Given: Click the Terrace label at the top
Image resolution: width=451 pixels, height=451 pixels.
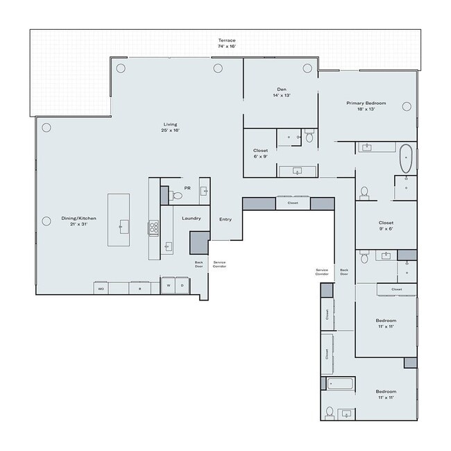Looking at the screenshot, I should pos(228,43).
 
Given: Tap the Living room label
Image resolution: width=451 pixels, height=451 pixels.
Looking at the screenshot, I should pos(171,127).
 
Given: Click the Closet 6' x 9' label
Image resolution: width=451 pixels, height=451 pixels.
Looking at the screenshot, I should pos(260,153).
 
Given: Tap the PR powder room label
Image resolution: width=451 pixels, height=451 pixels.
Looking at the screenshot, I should pos(187,187).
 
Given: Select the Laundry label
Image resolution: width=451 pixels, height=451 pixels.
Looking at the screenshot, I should pos(192,219).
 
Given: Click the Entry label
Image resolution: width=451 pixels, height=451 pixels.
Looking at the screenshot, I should pos(226,219).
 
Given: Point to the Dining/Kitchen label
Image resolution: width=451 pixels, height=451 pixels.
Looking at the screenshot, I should pos(78,221).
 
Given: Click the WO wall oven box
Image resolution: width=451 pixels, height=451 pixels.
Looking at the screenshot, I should pos(101,288).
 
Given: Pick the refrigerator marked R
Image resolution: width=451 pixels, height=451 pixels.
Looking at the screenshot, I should pos(139,288).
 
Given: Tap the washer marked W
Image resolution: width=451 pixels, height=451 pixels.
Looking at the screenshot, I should pos(168,286).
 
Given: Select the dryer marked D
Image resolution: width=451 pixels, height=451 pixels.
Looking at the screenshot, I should pos(182,286).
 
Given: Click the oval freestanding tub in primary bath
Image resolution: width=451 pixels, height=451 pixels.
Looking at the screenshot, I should pos(405,158).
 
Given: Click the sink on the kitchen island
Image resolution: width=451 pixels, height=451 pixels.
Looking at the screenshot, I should pos(124,226).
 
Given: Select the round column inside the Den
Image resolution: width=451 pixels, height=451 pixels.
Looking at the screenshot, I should pos(307,68).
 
